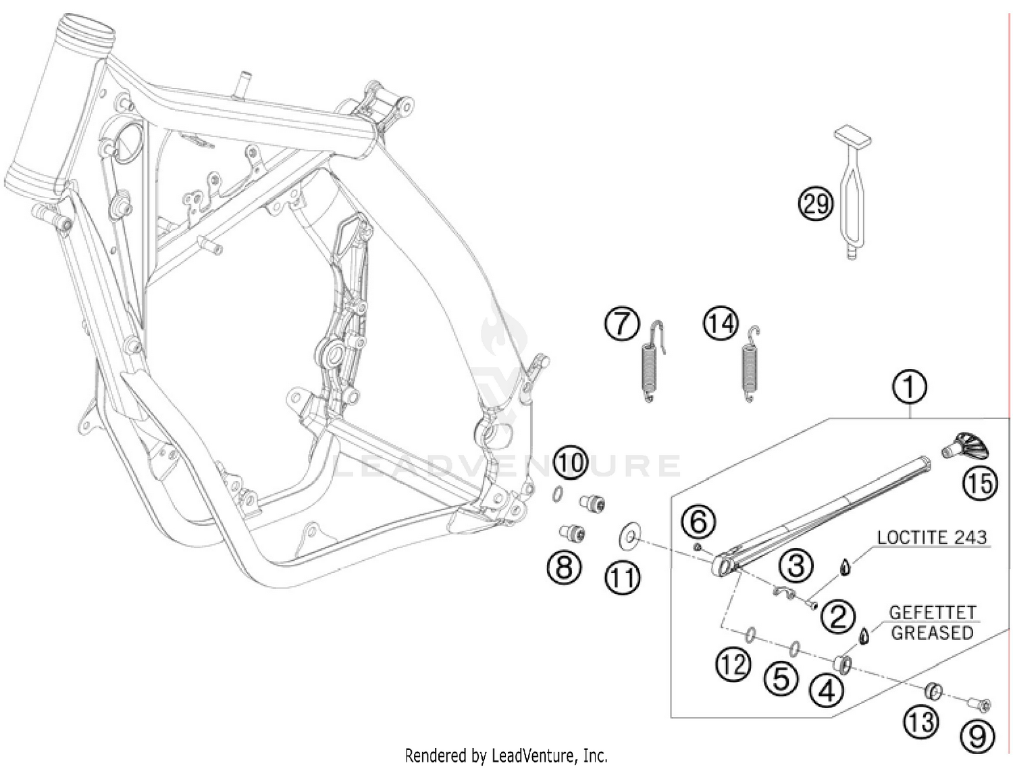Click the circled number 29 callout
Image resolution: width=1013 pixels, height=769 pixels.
(816, 204)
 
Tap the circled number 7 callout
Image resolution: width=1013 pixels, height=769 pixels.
(623, 324)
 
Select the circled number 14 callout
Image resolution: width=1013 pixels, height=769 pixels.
(721, 324)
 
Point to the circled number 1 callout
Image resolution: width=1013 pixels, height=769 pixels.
(909, 387)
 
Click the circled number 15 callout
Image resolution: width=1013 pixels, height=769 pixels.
(980, 483)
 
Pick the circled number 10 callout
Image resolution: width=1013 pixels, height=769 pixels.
(572, 463)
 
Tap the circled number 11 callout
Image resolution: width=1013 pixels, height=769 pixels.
(623, 578)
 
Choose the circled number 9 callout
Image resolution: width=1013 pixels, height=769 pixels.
(977, 737)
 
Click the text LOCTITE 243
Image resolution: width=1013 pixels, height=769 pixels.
(932, 537)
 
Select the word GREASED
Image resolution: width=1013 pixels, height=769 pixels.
(932, 632)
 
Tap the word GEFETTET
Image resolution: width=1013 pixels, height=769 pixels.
(932, 613)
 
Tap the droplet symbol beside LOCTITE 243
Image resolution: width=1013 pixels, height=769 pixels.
(845, 567)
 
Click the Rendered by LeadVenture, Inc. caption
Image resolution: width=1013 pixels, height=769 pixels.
(506, 756)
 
